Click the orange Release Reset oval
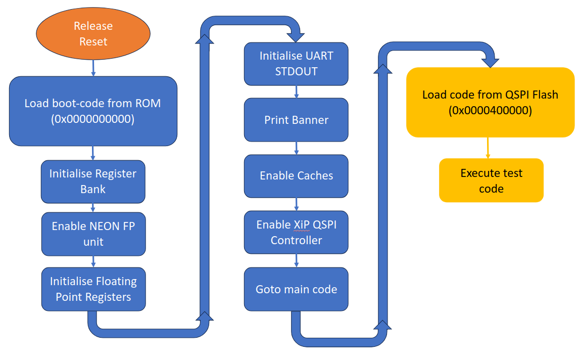click(x=93, y=33)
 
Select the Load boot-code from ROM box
click(x=93, y=111)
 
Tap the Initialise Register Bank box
click(x=93, y=181)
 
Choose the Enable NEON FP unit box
click(x=93, y=234)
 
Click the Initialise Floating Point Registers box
click(x=93, y=289)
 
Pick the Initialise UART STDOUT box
click(x=296, y=63)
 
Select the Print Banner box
click(x=296, y=120)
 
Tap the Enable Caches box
click(x=296, y=175)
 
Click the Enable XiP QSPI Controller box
click(x=296, y=232)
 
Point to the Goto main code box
click(x=296, y=289)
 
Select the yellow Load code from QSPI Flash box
click(x=490, y=102)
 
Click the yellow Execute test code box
click(x=491, y=181)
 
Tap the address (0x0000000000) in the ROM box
click(x=93, y=120)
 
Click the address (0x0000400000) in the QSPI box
click(x=490, y=111)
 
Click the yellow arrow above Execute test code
click(x=488, y=148)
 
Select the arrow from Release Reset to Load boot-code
click(x=93, y=68)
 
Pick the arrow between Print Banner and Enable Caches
click(x=296, y=148)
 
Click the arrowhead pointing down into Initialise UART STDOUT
click(x=296, y=36)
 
